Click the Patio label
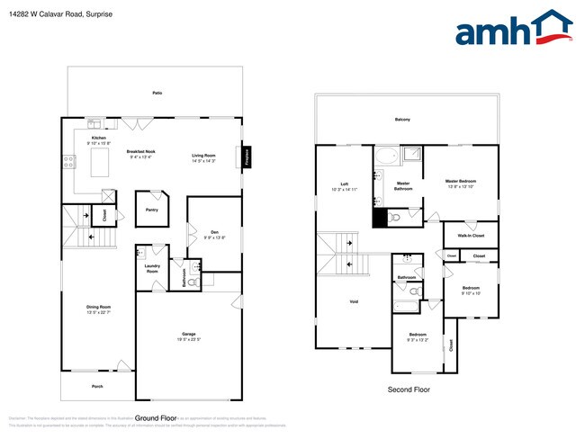tap(157, 93)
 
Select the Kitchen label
tap(98, 138)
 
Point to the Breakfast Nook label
tap(142, 151)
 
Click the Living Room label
tap(203, 156)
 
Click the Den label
tap(215, 231)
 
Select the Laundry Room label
tap(151, 269)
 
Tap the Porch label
tap(97, 386)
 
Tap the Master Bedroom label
tap(461, 180)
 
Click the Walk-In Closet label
tap(472, 236)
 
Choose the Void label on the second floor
tap(354, 301)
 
